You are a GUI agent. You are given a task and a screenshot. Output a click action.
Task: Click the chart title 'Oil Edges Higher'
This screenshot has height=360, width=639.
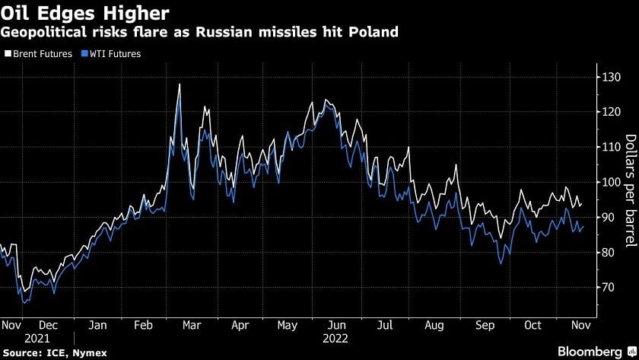point(85,13)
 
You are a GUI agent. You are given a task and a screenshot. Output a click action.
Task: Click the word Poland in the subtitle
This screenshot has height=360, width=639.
point(373,32)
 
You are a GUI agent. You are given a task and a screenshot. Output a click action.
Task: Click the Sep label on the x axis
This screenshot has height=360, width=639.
point(485,324)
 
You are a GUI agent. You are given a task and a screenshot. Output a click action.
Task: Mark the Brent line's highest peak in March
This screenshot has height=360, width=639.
point(179,84)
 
